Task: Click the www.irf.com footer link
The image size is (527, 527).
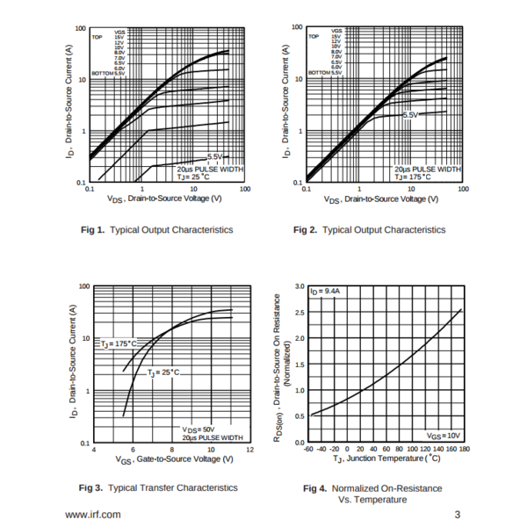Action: coord(94,514)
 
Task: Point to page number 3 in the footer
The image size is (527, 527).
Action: coord(457,514)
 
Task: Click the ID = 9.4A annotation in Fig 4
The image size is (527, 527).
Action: coord(325,290)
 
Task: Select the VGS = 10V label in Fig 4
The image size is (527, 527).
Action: coord(443,435)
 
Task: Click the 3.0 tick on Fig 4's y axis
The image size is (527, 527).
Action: coord(300,287)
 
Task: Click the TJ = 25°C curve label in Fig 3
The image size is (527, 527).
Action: coord(162,372)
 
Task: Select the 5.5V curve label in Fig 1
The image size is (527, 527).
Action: coord(216,156)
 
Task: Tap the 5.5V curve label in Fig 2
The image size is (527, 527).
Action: coord(412,116)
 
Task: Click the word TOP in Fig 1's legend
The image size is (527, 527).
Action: coord(97,38)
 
